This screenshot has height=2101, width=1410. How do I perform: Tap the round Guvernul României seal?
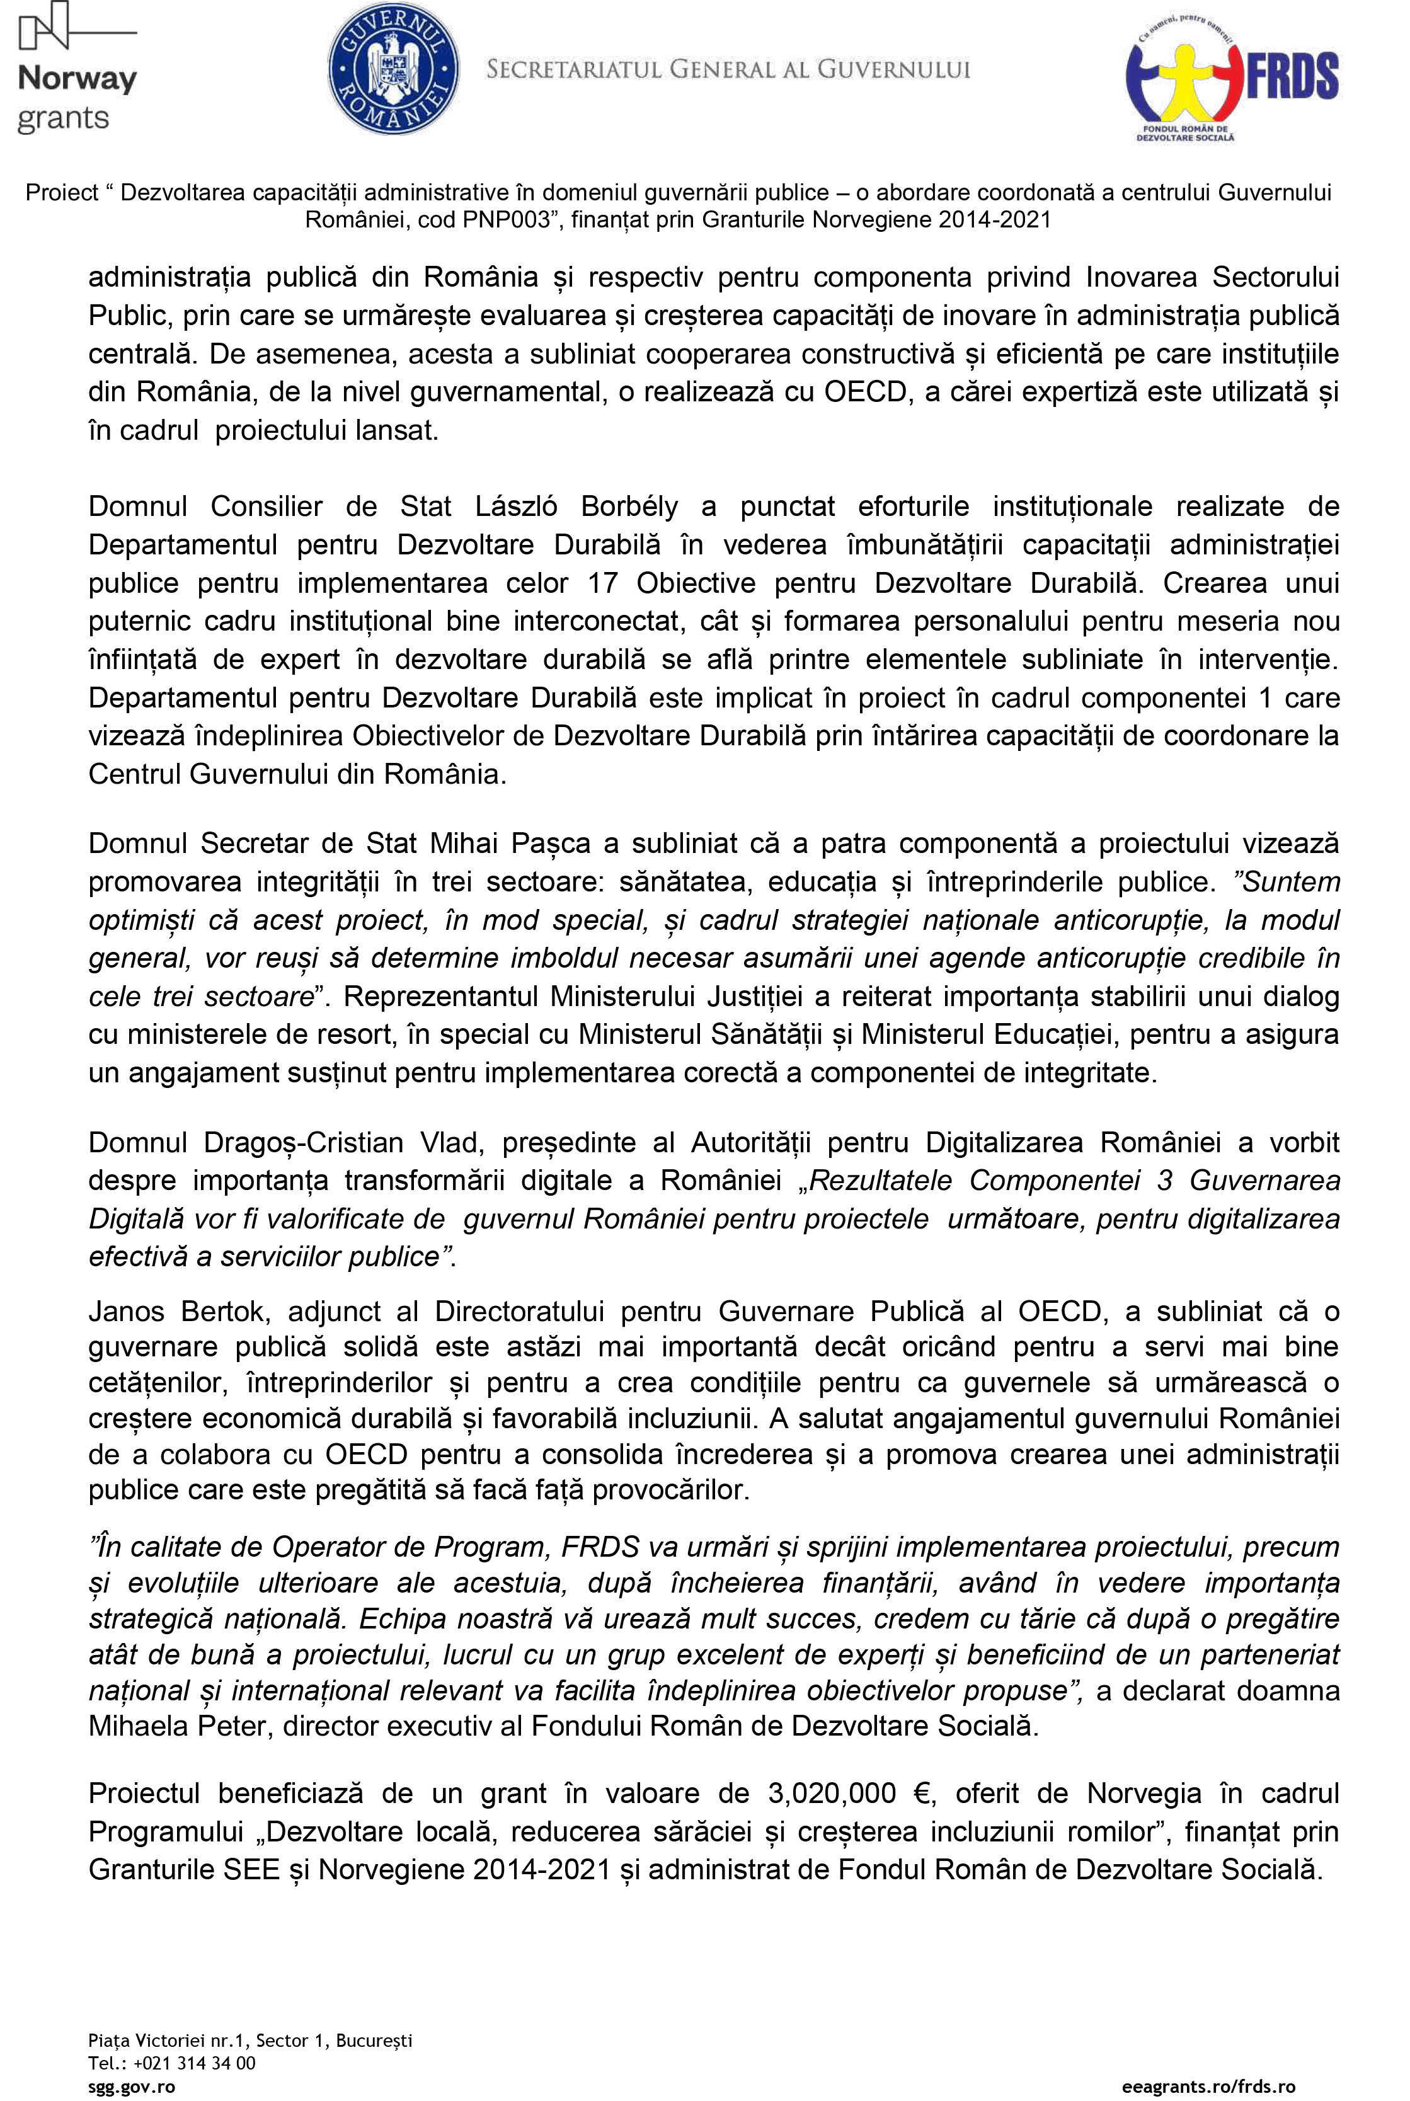tap(394, 68)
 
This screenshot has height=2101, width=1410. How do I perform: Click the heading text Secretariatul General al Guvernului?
tap(728, 69)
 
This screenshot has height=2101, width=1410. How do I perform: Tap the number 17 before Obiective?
tap(602, 583)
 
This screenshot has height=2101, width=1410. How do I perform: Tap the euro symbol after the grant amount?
tap(922, 1793)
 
